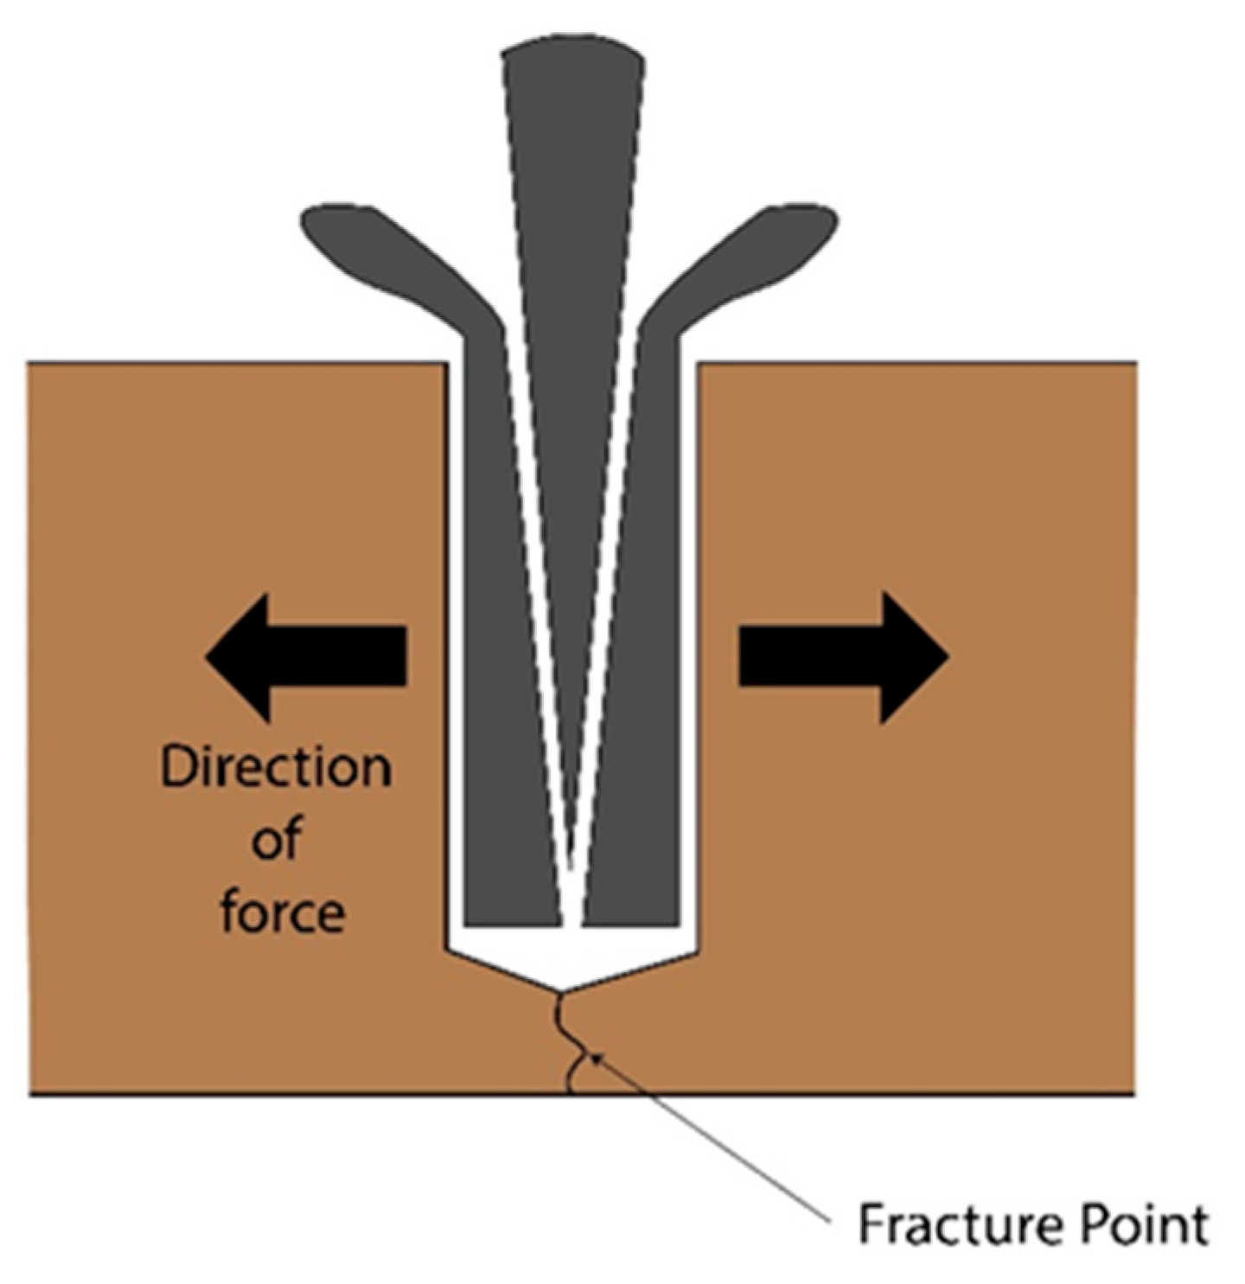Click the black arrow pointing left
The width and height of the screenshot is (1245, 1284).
[307, 657]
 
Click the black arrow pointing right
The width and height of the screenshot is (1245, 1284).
[843, 657]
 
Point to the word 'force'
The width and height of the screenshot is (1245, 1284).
[283, 912]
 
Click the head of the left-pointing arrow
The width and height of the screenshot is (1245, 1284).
[238, 657]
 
